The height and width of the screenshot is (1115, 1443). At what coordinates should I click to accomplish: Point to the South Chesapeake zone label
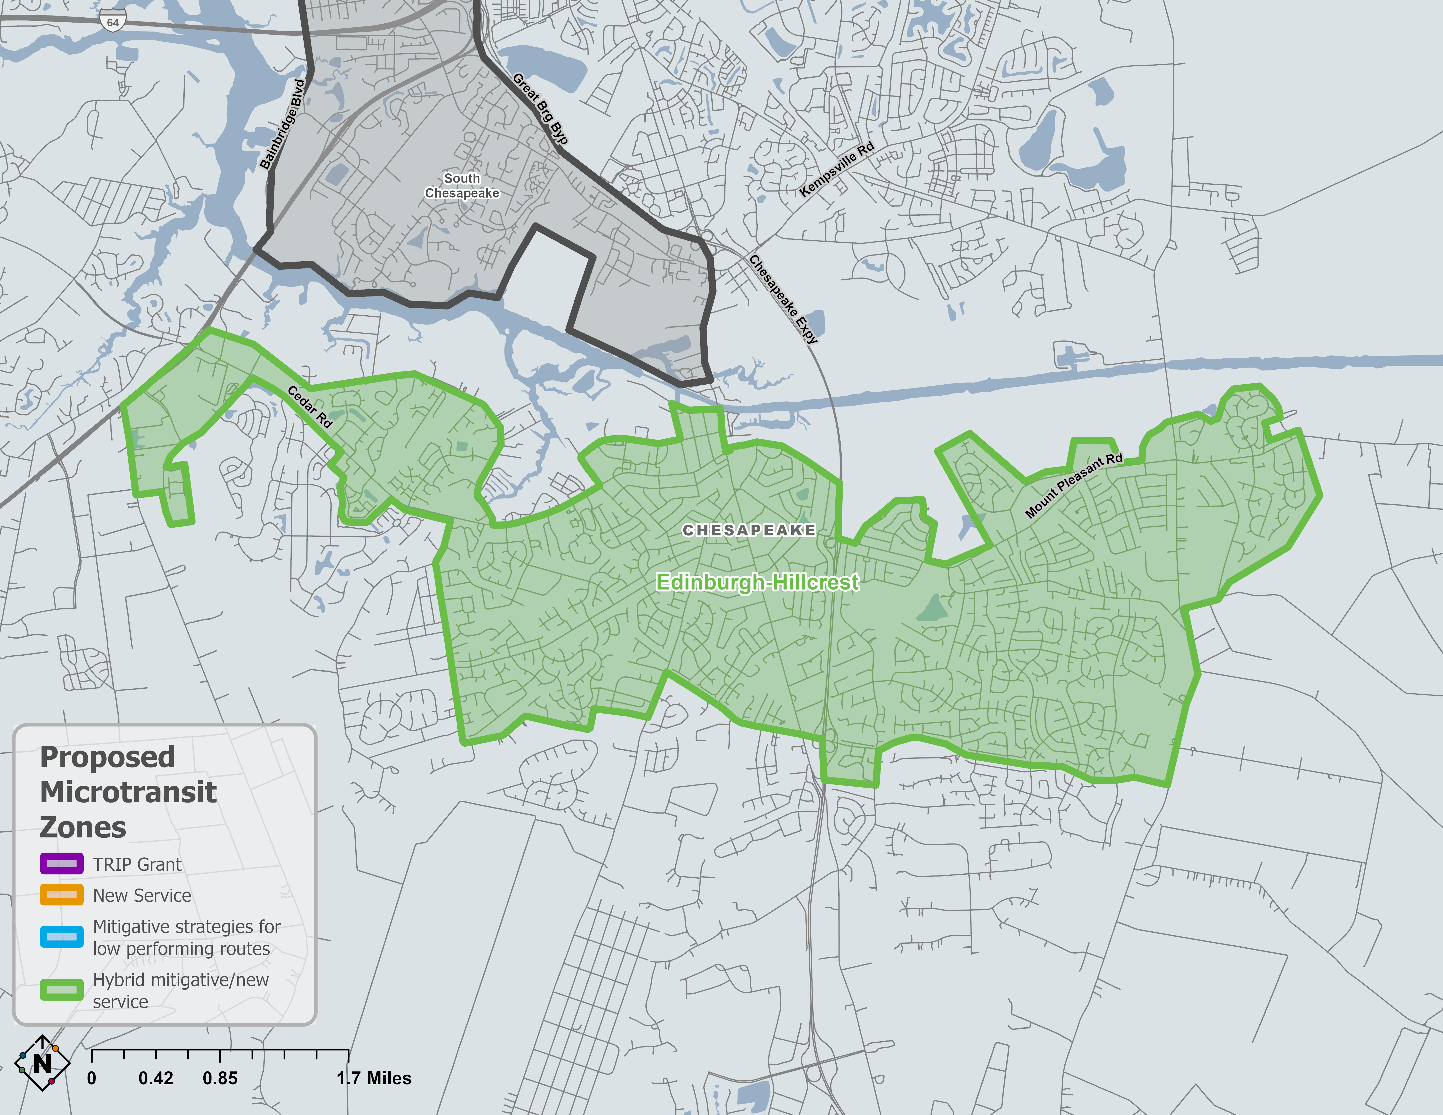tap(462, 185)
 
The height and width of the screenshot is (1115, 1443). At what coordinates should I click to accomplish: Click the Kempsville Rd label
tap(836, 170)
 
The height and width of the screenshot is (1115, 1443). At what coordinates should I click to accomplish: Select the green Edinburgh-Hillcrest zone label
tap(757, 582)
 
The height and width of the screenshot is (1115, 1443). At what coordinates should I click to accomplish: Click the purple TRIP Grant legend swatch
tap(61, 863)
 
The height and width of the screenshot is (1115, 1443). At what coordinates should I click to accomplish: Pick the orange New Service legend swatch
tap(61, 894)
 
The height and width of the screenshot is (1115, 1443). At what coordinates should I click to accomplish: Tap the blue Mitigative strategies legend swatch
tap(61, 937)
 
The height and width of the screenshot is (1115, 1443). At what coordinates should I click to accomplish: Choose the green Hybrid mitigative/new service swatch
tap(61, 990)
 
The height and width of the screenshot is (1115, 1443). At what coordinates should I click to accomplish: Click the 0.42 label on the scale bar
tap(156, 1078)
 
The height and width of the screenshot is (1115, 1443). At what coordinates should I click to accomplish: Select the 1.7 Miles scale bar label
tap(374, 1078)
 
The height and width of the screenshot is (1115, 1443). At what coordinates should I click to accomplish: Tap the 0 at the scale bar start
tap(92, 1078)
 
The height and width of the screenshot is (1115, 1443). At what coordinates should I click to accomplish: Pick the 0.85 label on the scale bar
tap(220, 1078)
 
